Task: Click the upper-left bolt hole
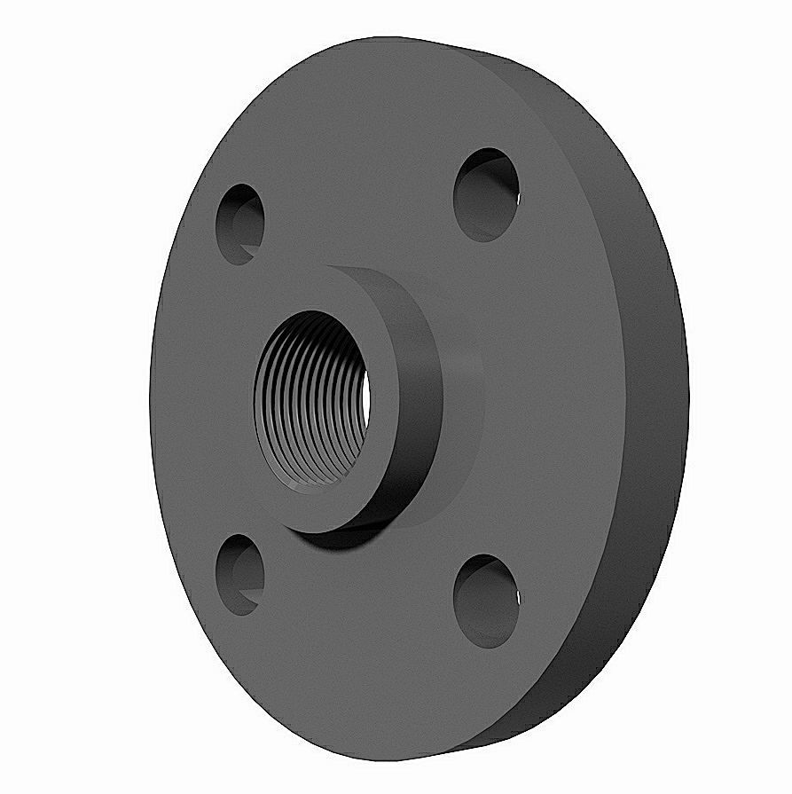point(240,224)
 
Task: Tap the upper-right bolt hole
point(486,194)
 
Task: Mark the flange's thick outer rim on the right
point(656,399)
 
